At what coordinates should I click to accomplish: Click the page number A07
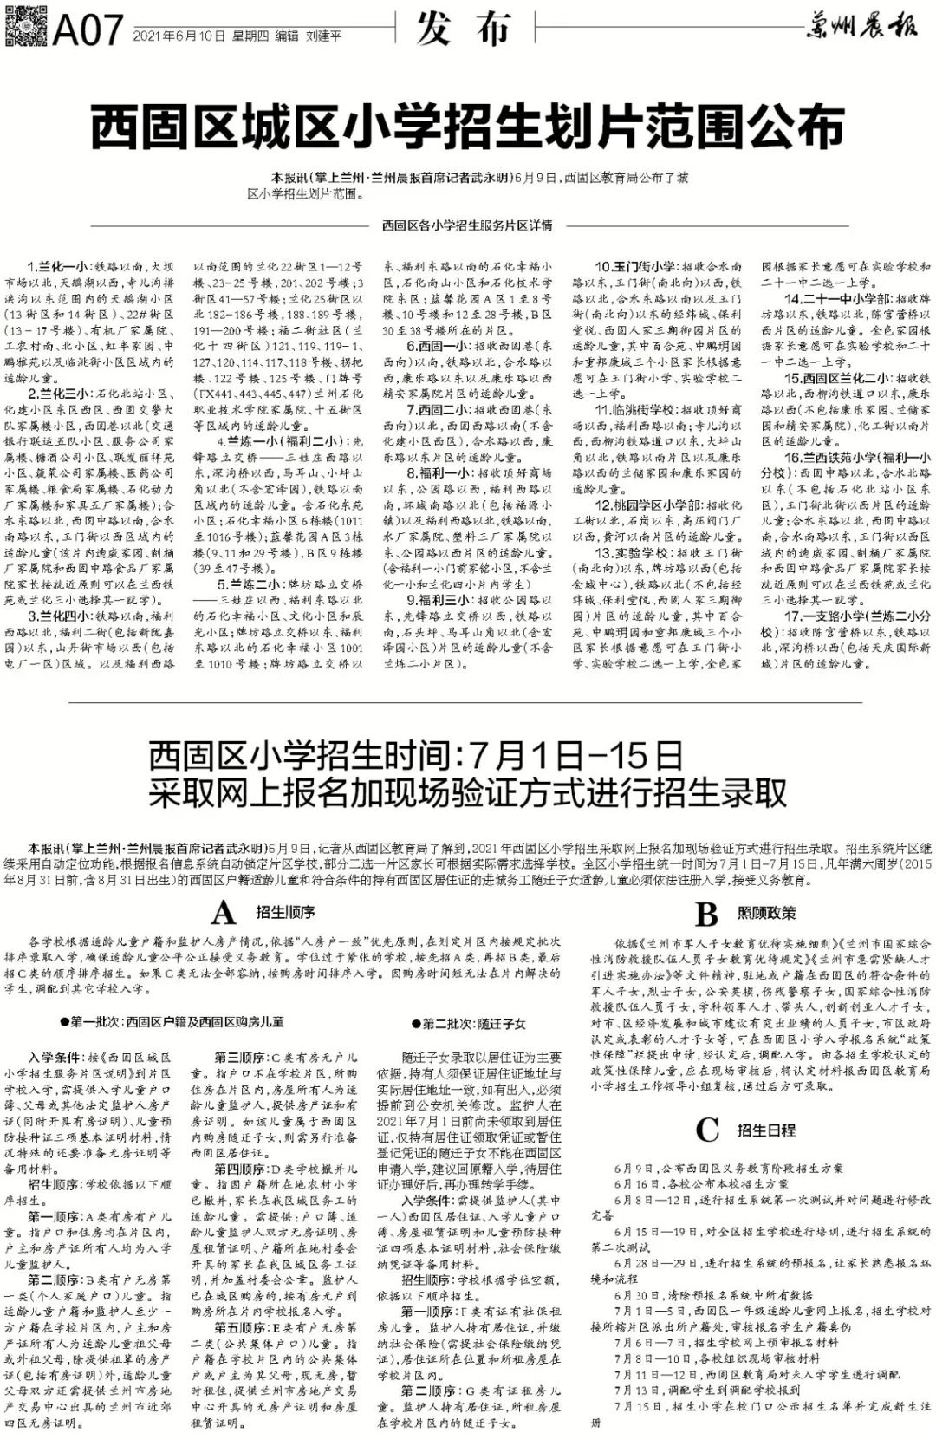tap(88, 33)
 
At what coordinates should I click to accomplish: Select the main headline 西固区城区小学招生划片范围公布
tap(467, 128)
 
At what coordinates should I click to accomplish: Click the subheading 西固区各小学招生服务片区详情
tap(467, 226)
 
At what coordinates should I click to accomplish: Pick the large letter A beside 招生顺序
tap(224, 913)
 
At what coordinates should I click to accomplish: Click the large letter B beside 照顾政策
tap(707, 913)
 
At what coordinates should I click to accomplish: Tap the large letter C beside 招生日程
tap(707, 1130)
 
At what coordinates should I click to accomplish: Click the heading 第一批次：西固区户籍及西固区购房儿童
tap(179, 1023)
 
